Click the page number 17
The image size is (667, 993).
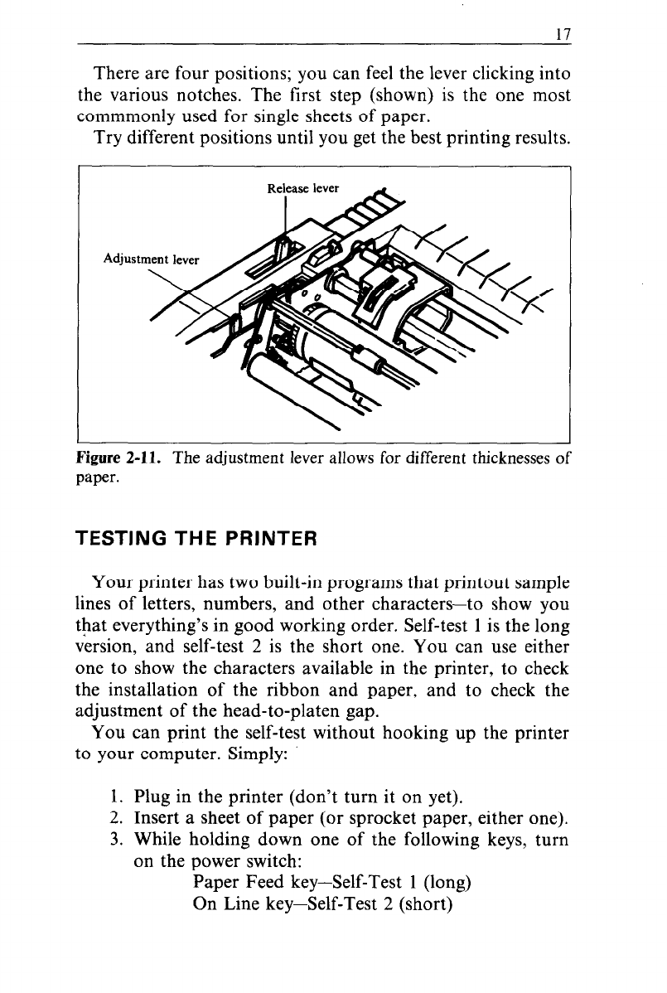click(564, 35)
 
